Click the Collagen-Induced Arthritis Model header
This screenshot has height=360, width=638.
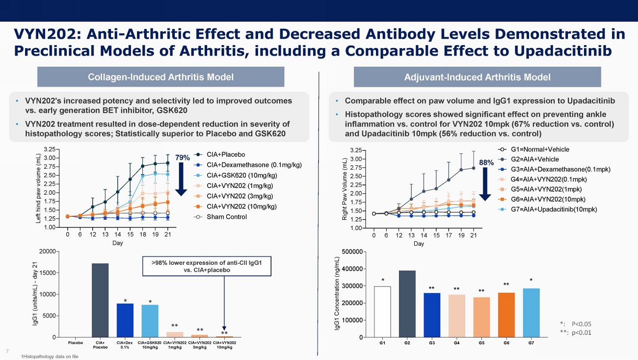coord(160,77)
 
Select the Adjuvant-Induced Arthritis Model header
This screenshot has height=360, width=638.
coord(477,77)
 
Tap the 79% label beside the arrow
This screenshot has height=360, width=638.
coord(183,158)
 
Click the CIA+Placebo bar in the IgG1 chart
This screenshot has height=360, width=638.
coord(100,300)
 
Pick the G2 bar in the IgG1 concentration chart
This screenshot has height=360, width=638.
coord(407,304)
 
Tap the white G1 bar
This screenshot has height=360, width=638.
coord(382,311)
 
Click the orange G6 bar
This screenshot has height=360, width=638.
coord(506,314)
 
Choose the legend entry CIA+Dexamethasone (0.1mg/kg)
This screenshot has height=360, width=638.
coord(254,165)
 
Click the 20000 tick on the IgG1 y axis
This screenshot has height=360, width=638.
coord(49,252)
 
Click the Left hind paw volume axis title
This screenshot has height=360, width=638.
coord(39,189)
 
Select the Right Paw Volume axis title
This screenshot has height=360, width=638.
coord(345,189)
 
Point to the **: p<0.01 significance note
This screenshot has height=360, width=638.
coord(576,333)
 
